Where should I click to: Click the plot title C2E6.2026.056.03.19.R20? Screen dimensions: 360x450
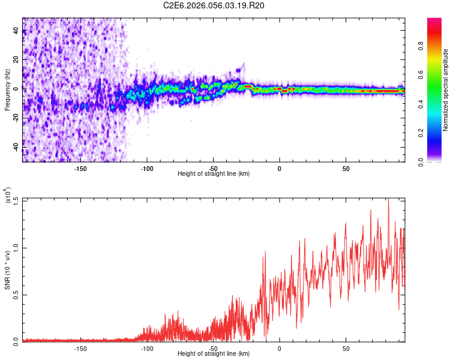click(214, 5)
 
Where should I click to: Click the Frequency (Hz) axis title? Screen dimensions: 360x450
click(8, 90)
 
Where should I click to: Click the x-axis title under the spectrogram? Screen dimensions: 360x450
click(214, 174)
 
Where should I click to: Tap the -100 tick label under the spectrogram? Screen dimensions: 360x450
click(147, 168)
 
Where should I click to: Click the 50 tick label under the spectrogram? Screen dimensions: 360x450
click(346, 168)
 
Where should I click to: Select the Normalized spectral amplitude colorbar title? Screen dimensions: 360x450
click(446, 90)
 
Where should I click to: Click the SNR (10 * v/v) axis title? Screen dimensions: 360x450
click(8, 270)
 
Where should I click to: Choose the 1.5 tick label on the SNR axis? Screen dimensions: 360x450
click(16, 200)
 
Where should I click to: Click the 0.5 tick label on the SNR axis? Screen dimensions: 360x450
click(16, 293)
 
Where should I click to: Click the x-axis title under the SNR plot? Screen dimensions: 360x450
click(214, 355)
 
